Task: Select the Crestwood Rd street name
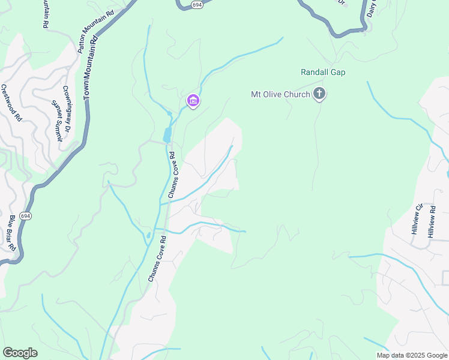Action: [x=11, y=103]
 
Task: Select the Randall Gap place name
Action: [x=323, y=73]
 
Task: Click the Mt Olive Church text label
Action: [x=280, y=94]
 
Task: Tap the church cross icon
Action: [x=319, y=94]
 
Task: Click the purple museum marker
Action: [x=193, y=101]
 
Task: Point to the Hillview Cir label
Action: [x=415, y=219]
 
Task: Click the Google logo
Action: [x=20, y=352]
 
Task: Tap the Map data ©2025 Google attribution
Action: [x=411, y=355]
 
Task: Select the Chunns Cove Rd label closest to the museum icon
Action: [x=172, y=175]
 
